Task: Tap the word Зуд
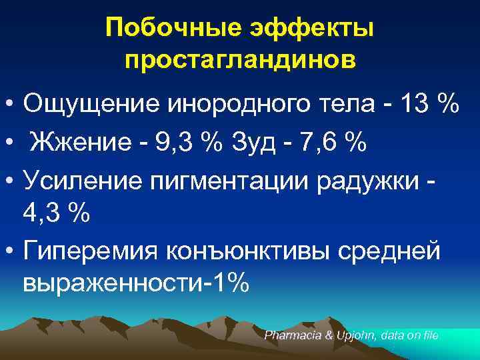[255, 141]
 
